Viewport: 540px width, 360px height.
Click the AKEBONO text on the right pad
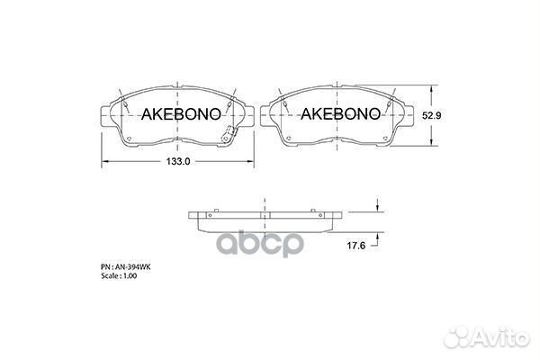(x=336, y=115)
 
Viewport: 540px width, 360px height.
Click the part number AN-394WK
(x=123, y=267)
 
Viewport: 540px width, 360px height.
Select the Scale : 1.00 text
(x=118, y=276)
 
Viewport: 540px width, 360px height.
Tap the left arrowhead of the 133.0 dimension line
(x=103, y=161)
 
